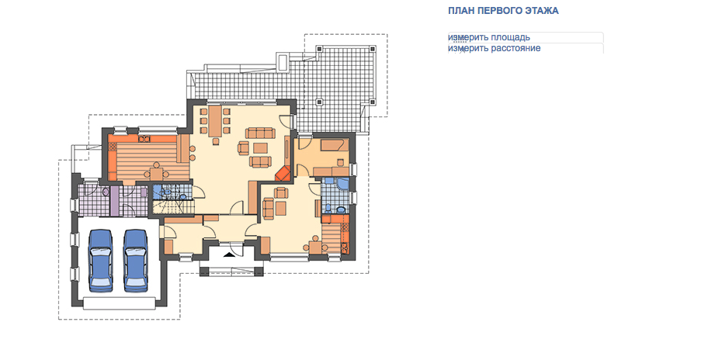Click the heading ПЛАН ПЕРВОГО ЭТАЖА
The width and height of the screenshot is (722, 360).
pyautogui.click(x=503, y=11)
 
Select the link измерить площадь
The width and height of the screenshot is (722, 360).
pyautogui.click(x=489, y=37)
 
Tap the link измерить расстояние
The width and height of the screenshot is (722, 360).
pyautogui.click(x=495, y=48)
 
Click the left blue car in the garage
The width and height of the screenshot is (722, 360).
pyautogui.click(x=101, y=261)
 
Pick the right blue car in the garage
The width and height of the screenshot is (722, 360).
pyautogui.click(x=136, y=261)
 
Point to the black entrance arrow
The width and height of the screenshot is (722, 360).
pyautogui.click(x=229, y=254)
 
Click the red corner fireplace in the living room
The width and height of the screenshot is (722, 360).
pyautogui.click(x=283, y=174)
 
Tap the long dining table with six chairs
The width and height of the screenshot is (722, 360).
pyautogui.click(x=215, y=121)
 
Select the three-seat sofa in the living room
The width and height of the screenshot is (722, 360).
pyautogui.click(x=260, y=133)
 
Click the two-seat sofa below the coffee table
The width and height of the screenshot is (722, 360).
pyautogui.click(x=260, y=161)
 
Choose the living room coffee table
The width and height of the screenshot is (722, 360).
pyautogui.click(x=261, y=147)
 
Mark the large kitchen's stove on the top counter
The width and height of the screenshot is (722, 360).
pyautogui.click(x=144, y=137)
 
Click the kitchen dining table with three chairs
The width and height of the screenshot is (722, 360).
pyautogui.click(x=156, y=174)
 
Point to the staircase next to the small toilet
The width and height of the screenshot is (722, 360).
pyautogui.click(x=173, y=206)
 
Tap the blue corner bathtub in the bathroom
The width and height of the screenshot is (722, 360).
pyautogui.click(x=342, y=184)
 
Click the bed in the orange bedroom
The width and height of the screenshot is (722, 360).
pyautogui.click(x=333, y=146)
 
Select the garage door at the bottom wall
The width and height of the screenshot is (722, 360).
pyautogui.click(x=120, y=303)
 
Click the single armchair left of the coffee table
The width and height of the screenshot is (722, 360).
pyautogui.click(x=243, y=147)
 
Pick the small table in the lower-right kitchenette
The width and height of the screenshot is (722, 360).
pyautogui.click(x=315, y=247)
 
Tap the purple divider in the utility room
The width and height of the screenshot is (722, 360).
pyautogui.click(x=113, y=201)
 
